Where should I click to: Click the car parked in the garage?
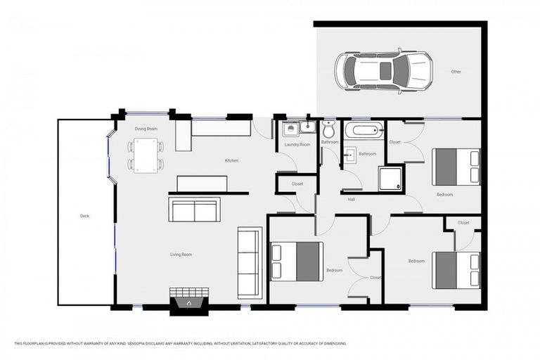click(382, 70)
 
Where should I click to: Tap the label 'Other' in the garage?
click(456, 72)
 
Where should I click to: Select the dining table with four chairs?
click(146, 155)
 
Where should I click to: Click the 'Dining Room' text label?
click(146, 129)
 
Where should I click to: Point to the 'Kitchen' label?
click(231, 161)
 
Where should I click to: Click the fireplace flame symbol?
click(188, 303)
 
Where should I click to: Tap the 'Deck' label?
click(85, 216)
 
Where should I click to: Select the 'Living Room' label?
click(181, 255)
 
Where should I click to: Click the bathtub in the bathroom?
click(364, 130)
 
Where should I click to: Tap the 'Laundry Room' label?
click(297, 145)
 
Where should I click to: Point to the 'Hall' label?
click(352, 200)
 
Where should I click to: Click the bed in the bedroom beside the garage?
click(456, 167)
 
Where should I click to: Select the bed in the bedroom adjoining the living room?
click(297, 260)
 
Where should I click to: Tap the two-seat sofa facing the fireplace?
click(194, 210)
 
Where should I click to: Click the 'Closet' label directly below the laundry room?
click(297, 184)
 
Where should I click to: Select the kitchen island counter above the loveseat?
click(201, 184)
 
